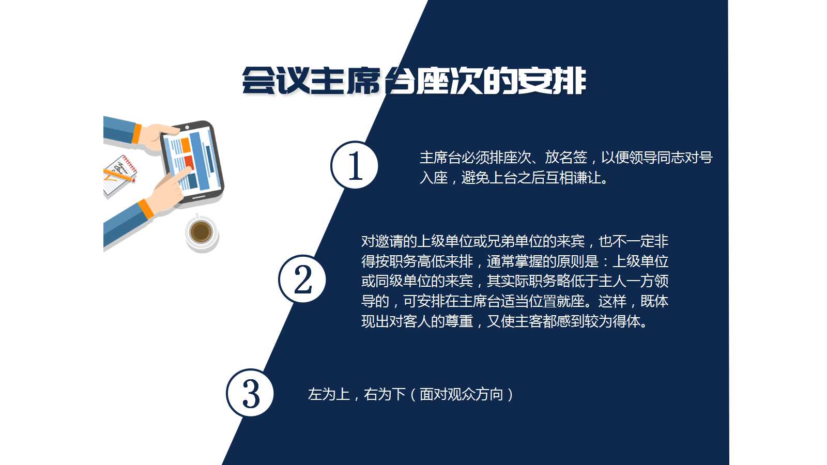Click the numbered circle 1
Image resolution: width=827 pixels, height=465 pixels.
point(355,165)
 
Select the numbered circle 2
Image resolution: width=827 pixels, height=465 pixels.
point(302,279)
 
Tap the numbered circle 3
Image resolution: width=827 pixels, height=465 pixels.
point(250,393)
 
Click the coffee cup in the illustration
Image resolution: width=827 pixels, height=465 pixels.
point(201,232)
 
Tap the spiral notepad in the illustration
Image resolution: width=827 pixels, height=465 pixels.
point(120,175)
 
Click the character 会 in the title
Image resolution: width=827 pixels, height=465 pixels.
point(259,81)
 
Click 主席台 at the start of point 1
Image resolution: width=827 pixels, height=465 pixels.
point(440,158)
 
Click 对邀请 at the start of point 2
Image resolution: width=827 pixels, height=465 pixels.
point(382,241)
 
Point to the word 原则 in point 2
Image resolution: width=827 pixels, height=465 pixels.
point(571,261)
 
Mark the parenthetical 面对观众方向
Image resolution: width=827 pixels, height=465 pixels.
point(461,395)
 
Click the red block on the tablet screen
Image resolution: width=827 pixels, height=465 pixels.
point(189,161)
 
